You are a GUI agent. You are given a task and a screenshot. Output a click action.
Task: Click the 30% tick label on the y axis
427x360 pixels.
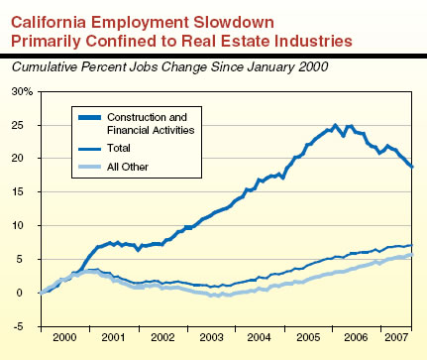tap(22, 91)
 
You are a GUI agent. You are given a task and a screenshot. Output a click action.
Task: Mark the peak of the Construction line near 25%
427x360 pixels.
tap(335, 126)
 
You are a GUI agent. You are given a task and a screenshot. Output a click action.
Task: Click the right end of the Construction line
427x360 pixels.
tap(412, 166)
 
